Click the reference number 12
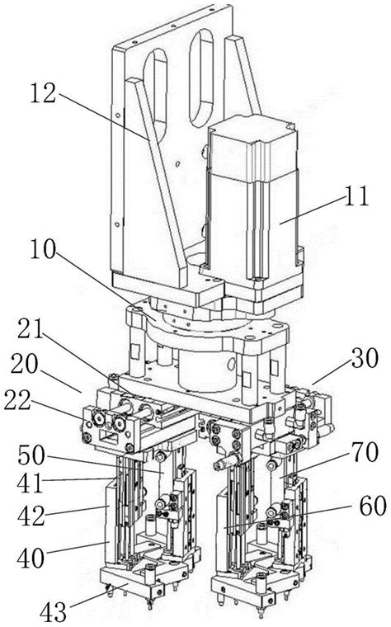[43, 94]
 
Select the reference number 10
[43, 251]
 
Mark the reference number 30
[365, 357]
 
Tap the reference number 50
[32, 455]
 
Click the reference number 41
[31, 483]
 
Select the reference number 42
[31, 516]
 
